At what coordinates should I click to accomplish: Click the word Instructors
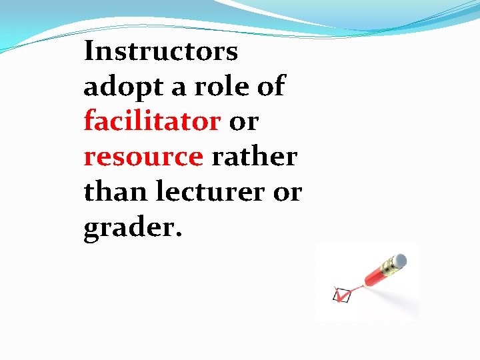point(160,51)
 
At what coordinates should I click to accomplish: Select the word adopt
point(118,87)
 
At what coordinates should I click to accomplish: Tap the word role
point(217,86)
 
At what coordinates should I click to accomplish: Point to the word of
point(271,86)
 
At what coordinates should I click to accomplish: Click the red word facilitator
point(152,121)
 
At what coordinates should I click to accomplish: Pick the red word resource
point(143,157)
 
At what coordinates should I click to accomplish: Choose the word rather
point(254,157)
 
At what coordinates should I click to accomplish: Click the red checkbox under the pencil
point(341,295)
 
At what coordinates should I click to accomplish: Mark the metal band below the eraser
point(391,265)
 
